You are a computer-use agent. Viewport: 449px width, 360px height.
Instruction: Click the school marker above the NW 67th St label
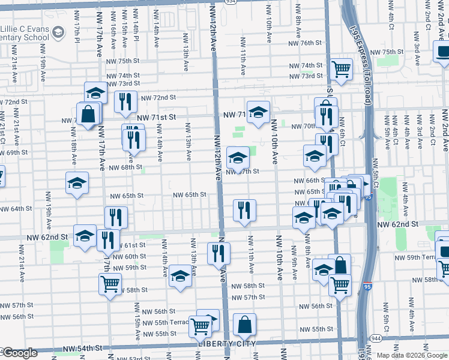238,158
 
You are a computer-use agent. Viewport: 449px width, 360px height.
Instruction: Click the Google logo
20,353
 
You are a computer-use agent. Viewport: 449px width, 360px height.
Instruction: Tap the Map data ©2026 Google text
411,355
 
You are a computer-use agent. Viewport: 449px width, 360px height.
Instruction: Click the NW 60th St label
128,256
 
